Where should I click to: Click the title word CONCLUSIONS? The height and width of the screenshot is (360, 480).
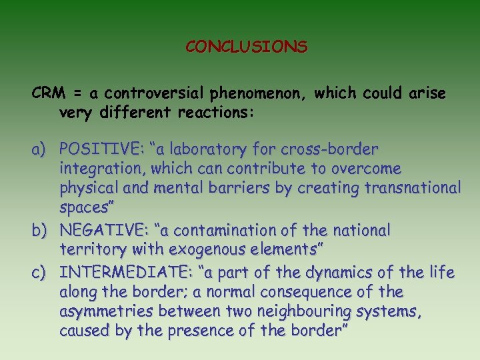[246, 47]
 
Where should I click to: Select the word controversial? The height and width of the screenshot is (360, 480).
[152, 93]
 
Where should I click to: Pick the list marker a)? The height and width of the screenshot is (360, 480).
[42, 148]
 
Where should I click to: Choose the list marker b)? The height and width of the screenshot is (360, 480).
[42, 231]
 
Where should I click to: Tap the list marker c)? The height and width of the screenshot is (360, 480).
[42, 272]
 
